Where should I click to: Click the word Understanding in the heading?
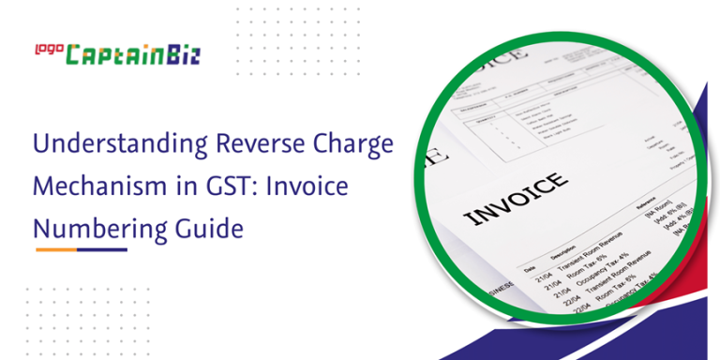coord(104,145)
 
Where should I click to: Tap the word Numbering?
coord(96,229)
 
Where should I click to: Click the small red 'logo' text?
coord(48,47)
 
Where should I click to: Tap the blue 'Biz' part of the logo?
coord(180,55)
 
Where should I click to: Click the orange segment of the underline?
coord(56,250)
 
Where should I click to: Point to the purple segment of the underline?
coord(102,250)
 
